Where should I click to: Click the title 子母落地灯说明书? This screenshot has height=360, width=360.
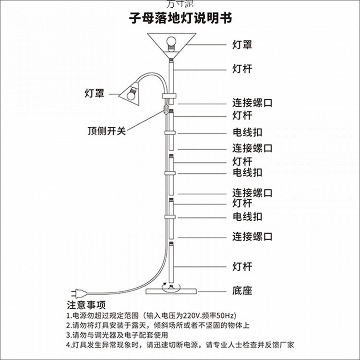(x=180, y=18)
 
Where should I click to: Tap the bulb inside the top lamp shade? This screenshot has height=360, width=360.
(x=171, y=42)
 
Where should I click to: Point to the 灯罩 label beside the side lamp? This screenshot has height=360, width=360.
(x=95, y=93)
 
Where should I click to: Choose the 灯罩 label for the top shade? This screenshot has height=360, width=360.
(x=242, y=45)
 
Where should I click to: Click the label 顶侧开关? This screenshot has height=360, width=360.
(x=106, y=131)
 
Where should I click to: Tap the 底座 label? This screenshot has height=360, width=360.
(x=242, y=290)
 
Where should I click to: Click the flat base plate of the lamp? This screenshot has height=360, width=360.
(x=171, y=291)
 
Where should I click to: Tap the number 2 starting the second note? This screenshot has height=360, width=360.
(x=69, y=325)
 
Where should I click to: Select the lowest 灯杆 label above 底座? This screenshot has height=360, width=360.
(x=242, y=266)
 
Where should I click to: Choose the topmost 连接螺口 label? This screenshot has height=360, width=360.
(x=252, y=103)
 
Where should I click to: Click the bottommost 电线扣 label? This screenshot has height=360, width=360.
(x=247, y=216)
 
